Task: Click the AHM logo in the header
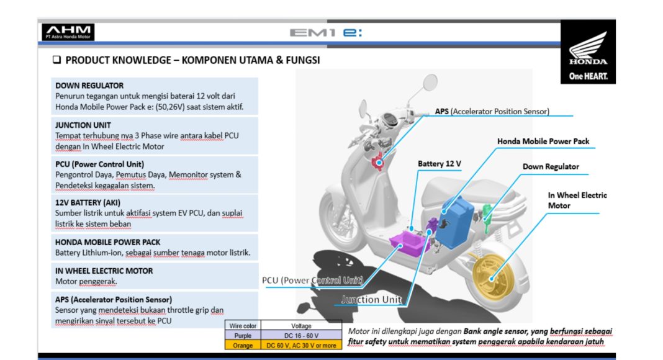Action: click(68, 32)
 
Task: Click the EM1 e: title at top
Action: click(325, 32)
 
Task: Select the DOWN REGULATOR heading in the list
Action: click(89, 86)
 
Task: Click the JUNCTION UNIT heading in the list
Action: click(83, 125)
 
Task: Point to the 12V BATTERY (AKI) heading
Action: click(88, 202)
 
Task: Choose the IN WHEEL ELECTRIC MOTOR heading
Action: click(104, 271)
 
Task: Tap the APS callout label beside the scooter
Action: click(492, 111)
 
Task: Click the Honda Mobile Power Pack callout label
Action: click(543, 141)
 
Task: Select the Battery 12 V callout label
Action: click(440, 163)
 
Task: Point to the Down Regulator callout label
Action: click(551, 166)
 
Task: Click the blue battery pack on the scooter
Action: click(456, 222)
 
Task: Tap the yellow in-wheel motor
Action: click(491, 276)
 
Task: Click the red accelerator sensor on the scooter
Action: click(378, 161)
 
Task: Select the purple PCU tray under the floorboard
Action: click(408, 243)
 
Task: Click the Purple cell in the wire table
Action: click(243, 336)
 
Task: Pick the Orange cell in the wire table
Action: click(243, 345)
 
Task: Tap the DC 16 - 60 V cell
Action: click(301, 336)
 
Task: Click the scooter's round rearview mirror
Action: click(430, 82)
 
